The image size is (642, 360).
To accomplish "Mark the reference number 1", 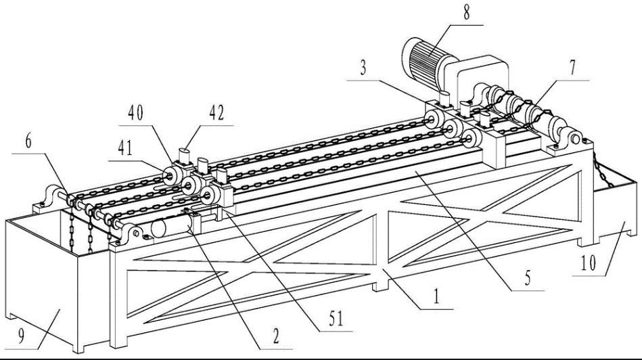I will pos(437,295).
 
